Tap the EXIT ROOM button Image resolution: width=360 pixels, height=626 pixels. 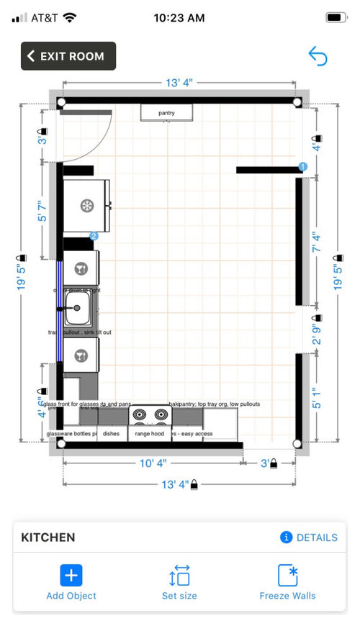coord(68,56)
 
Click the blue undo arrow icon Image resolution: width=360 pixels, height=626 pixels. coord(318,56)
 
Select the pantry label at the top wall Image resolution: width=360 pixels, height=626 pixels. coord(166,113)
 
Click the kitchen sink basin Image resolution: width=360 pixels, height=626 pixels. coord(76,308)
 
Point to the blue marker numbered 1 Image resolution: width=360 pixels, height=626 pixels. coord(302,167)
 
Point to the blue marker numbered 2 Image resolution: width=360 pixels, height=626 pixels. coord(94,235)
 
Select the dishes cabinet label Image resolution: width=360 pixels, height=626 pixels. coord(111,434)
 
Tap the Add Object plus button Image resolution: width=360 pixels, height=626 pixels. coord(71,575)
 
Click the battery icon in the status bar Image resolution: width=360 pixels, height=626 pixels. coord(336,17)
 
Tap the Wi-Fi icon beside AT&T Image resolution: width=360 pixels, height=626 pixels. coord(70,17)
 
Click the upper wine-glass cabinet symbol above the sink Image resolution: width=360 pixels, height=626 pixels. coord(81,269)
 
